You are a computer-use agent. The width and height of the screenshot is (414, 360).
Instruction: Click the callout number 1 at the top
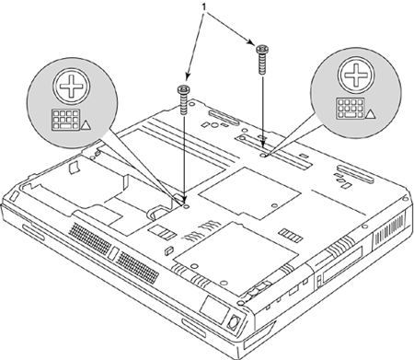(203, 6)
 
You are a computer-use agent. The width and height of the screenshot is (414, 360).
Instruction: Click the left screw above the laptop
(184, 99)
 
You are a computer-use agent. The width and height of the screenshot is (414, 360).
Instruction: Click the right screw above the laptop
(262, 59)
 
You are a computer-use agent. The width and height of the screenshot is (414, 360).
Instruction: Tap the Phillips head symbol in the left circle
(72, 86)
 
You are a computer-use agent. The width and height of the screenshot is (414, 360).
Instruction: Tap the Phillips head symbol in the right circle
(356, 75)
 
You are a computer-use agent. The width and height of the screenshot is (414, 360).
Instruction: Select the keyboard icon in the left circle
(65, 120)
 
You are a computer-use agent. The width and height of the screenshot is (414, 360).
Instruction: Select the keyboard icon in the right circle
(351, 109)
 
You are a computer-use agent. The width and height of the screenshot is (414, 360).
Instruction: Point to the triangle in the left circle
(86, 125)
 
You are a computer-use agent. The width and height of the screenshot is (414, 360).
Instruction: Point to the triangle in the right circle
(370, 114)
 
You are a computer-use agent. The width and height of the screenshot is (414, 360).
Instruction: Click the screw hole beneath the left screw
(186, 206)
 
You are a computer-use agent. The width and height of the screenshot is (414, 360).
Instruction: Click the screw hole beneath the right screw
(263, 156)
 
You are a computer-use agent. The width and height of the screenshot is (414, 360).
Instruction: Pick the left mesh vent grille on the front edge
(89, 238)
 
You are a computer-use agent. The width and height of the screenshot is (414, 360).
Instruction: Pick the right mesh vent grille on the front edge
(138, 267)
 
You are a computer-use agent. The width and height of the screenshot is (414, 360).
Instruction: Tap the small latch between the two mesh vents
(113, 253)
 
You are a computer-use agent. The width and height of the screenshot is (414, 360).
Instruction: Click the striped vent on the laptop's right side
(388, 228)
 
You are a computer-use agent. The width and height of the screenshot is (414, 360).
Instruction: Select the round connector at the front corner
(234, 322)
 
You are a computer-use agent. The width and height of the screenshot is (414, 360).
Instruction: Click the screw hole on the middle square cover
(274, 205)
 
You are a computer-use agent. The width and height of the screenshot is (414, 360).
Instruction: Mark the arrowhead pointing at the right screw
(251, 42)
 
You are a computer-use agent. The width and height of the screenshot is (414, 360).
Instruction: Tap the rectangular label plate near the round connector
(213, 309)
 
